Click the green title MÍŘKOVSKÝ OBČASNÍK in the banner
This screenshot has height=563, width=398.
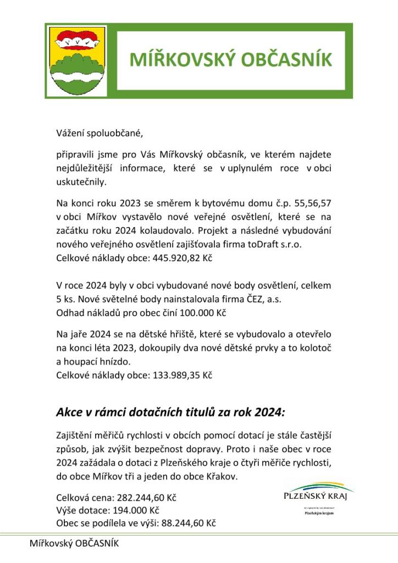231,60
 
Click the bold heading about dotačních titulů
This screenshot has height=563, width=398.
171,412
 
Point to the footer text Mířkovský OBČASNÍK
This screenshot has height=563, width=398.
74,544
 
